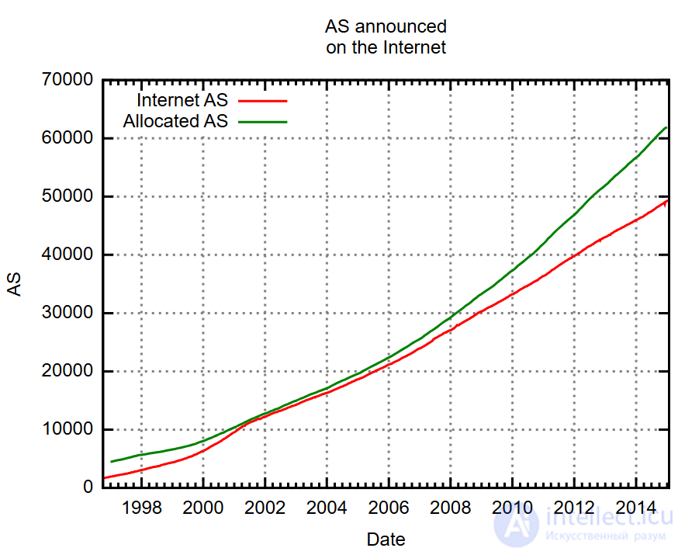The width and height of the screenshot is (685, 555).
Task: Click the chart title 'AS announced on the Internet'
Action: click(x=386, y=37)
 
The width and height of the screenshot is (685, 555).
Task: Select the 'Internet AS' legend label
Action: click(x=182, y=100)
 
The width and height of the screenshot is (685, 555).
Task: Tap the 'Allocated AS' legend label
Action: click(x=175, y=121)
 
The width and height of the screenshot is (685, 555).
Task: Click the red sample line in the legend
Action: click(x=262, y=101)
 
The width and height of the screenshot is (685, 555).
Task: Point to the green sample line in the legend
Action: click(x=262, y=122)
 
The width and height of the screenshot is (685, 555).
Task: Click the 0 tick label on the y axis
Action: click(x=88, y=487)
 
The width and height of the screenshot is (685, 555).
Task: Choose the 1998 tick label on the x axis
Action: click(x=141, y=508)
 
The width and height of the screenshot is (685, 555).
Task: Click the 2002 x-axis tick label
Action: click(x=265, y=508)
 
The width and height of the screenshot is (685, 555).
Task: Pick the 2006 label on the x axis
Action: click(x=389, y=508)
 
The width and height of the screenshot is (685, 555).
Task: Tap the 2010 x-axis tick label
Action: click(x=512, y=508)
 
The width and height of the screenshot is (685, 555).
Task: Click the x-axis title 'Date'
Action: click(x=386, y=539)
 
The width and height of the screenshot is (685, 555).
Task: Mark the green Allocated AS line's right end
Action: click(x=666, y=127)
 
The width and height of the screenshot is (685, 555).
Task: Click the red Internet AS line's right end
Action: click(x=667, y=200)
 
